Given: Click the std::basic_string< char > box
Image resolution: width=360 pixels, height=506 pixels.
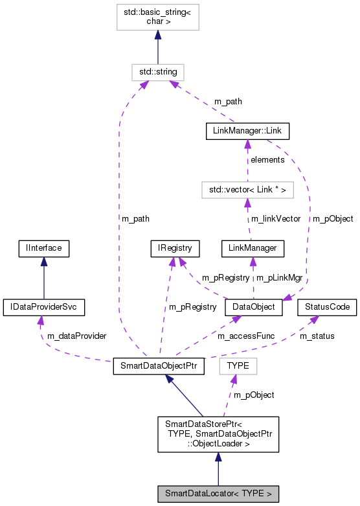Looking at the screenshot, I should pyautogui.click(x=157, y=17).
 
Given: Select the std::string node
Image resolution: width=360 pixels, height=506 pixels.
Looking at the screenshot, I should pyautogui.click(x=157, y=71).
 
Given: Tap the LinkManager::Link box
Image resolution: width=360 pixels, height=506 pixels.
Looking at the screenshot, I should pyautogui.click(x=247, y=132).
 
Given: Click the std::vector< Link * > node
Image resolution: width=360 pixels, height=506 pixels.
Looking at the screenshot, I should pyautogui.click(x=247, y=190).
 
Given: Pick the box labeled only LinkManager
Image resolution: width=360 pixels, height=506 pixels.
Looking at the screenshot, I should pyautogui.click(x=253, y=247).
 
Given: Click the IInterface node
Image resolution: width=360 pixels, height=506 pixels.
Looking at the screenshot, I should pyautogui.click(x=43, y=247).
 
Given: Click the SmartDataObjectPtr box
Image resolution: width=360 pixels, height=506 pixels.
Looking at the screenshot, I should pyautogui.click(x=159, y=366).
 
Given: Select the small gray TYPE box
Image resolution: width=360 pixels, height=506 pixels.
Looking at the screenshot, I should pyautogui.click(x=238, y=366).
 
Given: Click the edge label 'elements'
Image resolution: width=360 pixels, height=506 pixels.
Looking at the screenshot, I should pyautogui.click(x=267, y=159).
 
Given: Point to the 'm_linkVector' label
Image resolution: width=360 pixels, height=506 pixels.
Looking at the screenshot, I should pyautogui.click(x=275, y=219).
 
